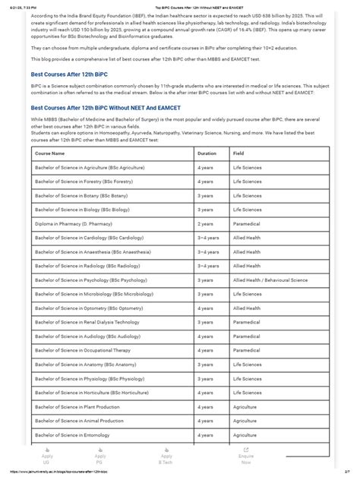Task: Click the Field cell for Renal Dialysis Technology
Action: coord(247,322)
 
